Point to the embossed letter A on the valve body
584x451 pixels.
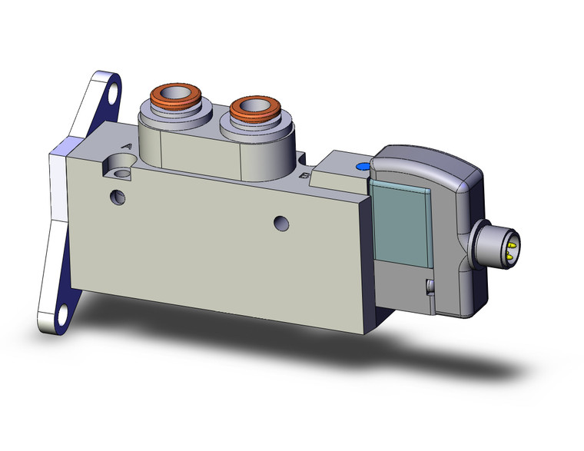pos(127,146)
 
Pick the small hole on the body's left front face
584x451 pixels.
pos(118,196)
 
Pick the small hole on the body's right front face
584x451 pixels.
pos(283,224)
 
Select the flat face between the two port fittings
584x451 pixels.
pos(201,154)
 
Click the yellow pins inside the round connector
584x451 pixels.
pos(509,245)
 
